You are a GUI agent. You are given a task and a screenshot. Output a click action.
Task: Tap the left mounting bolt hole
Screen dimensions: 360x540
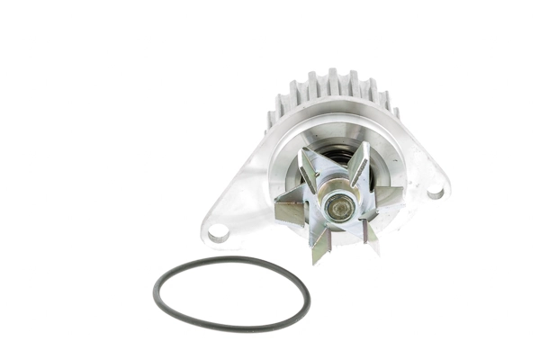(218, 232)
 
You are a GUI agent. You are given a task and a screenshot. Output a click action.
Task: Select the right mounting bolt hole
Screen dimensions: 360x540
(435, 191)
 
